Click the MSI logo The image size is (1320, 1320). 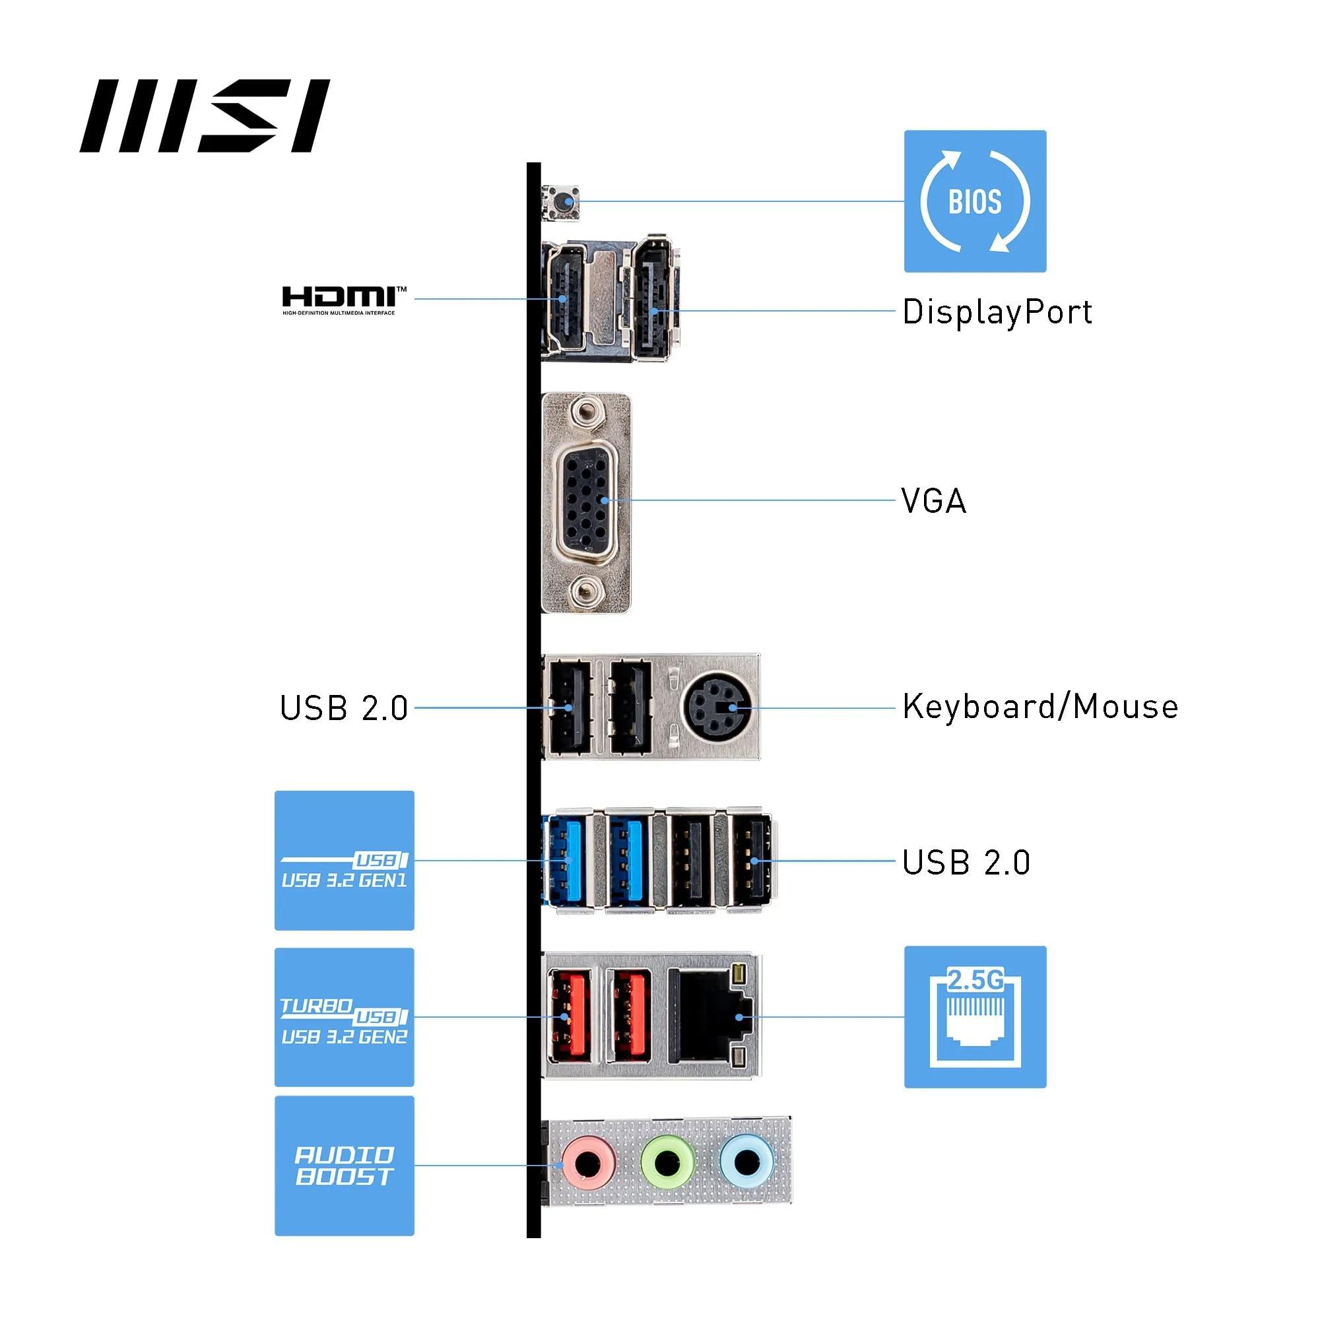205,116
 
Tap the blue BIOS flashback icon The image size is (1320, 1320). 975,201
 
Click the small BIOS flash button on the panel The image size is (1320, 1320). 562,201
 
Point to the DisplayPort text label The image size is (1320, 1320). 997,312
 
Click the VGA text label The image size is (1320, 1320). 933,501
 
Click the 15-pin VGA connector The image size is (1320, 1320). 585,501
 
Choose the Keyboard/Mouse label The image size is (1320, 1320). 1040,707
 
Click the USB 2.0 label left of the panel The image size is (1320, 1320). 344,708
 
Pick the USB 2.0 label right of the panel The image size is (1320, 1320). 966,862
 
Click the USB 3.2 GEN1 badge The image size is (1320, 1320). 344,861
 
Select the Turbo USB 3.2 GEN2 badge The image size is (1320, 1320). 344,1016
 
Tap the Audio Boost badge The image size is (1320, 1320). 344,1166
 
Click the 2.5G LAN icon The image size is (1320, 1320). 975,1016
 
